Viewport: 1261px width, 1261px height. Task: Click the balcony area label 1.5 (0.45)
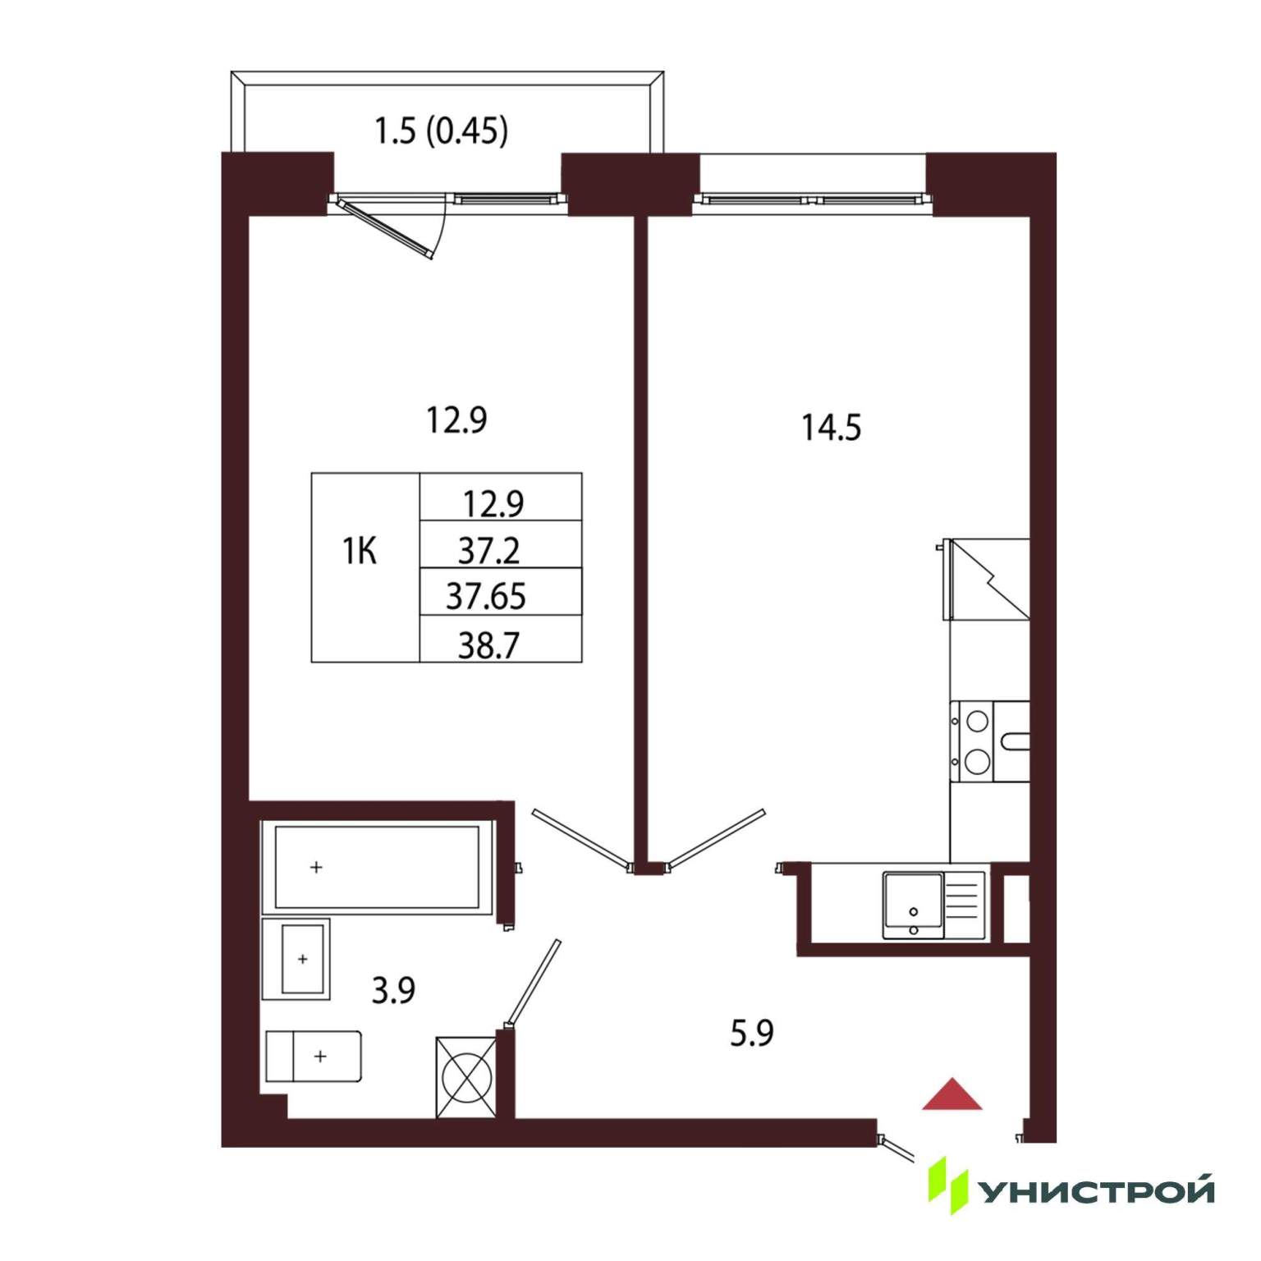pos(441,131)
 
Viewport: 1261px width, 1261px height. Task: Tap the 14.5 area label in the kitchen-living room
pos(831,428)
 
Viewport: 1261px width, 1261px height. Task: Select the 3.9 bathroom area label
pos(393,990)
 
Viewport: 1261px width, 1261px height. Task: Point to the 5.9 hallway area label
pos(752,1033)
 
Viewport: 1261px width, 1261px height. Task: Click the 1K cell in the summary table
pos(360,551)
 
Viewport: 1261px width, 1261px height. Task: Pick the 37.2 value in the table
pos(488,551)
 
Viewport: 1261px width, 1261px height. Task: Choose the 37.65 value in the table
pos(486,597)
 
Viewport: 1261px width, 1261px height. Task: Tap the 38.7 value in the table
pos(488,645)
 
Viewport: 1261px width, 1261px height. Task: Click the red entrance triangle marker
pos(951,1094)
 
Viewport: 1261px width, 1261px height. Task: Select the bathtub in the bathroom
pos(378,867)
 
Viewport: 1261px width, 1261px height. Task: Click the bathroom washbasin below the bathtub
pos(296,959)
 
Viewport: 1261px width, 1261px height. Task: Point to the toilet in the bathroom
pos(314,1057)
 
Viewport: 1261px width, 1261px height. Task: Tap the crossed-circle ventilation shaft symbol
pos(466,1077)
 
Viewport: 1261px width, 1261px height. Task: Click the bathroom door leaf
pos(534,984)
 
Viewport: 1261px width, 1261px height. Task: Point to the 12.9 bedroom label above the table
pos(456,420)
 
